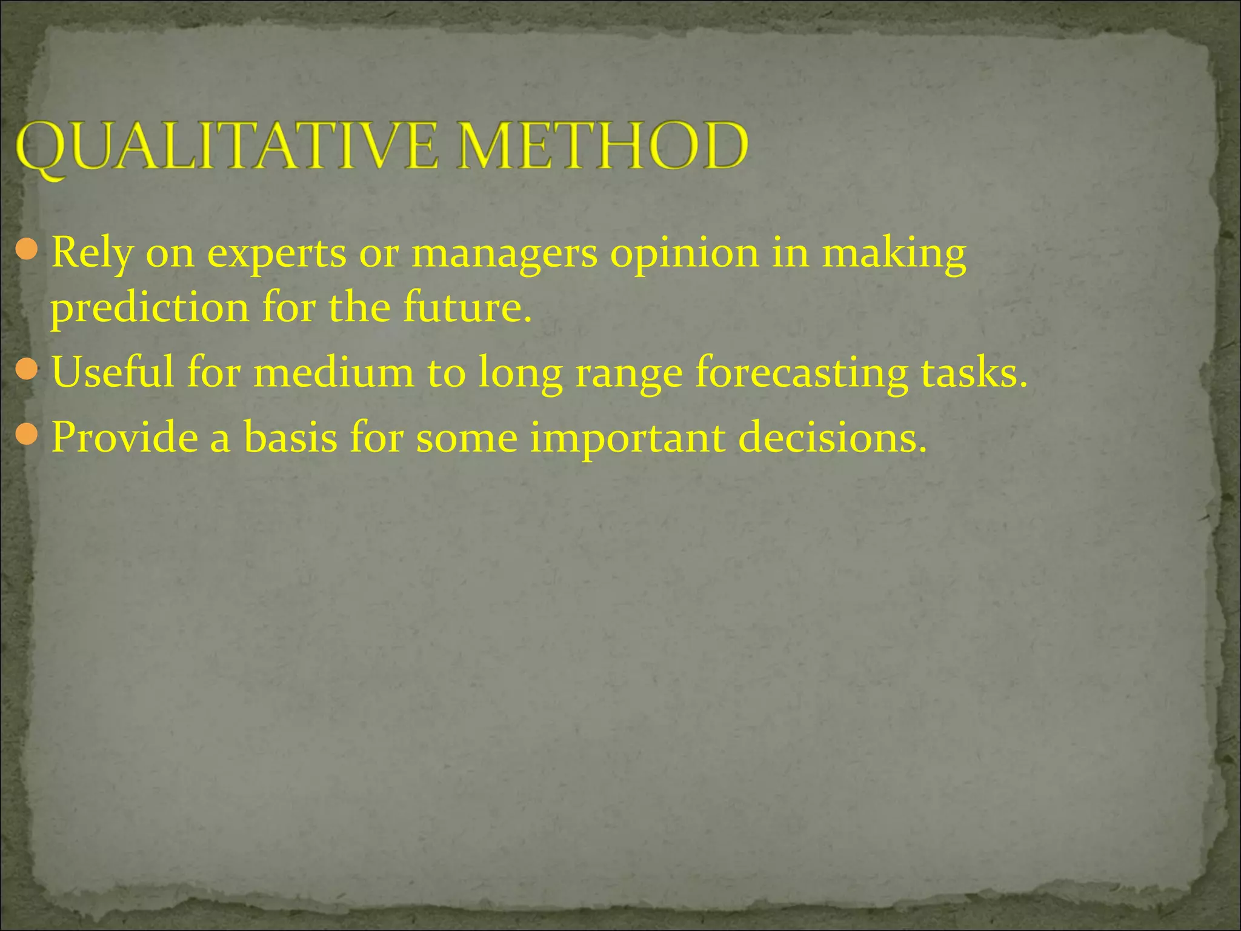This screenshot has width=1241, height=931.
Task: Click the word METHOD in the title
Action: click(603, 147)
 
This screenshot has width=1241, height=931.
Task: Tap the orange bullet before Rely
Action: click(27, 249)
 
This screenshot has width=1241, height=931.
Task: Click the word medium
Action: click(333, 373)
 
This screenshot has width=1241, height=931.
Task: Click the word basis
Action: click(290, 438)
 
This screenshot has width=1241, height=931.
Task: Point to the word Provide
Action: click(125, 438)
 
